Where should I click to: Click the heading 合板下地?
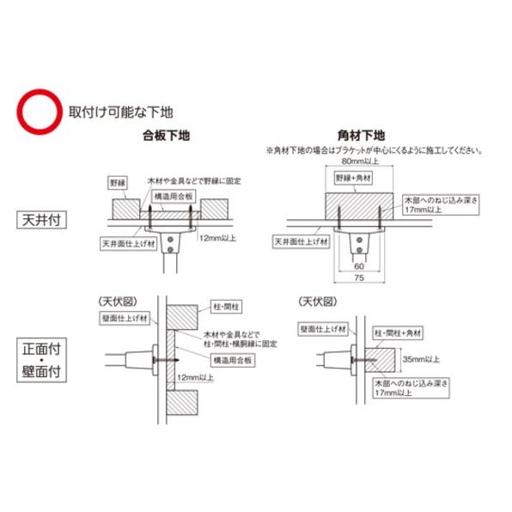[x=166, y=136]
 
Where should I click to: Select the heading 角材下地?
[x=361, y=136]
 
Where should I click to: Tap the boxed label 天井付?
[x=41, y=220]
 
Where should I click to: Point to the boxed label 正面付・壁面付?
[x=41, y=360]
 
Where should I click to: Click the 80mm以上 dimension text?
[x=360, y=161]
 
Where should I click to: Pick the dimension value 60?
[x=359, y=266]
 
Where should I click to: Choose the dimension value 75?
[x=359, y=277]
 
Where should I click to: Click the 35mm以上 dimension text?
[x=421, y=359]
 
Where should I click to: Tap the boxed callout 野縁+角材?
[x=354, y=178]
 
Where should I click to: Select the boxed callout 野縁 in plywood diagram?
[x=118, y=183]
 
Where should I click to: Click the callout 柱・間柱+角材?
[x=398, y=333]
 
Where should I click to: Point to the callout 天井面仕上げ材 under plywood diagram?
[x=129, y=244]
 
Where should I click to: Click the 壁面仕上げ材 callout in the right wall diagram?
[x=323, y=329]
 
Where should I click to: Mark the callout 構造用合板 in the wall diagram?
[x=233, y=360]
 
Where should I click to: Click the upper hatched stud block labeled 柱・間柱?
[x=182, y=317]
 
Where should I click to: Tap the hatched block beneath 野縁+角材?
[x=359, y=206]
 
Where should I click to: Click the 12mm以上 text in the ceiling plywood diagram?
[x=217, y=238]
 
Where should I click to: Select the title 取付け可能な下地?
[x=120, y=112]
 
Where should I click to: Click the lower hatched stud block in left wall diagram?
[x=182, y=403]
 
